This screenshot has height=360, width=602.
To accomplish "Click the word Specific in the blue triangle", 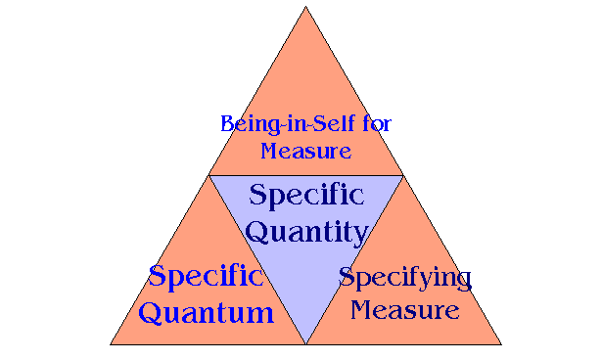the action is tap(305, 195).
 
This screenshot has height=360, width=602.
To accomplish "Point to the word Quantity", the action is tap(305, 233).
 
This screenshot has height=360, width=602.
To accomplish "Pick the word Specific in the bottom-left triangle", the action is tap(206, 276).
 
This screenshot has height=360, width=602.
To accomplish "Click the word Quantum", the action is tap(206, 313).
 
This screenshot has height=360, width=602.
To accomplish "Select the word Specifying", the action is tap(404, 278).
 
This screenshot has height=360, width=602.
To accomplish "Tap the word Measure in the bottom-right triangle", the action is tap(404, 311).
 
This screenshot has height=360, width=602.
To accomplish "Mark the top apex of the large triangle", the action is tap(305, 7).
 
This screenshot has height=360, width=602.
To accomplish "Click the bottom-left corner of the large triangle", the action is tap(111, 344).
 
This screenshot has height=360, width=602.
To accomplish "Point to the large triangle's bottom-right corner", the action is tap(501, 344).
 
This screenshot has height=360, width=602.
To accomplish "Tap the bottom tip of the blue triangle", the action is tap(305, 343).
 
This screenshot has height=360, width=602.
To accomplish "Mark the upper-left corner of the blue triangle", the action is tap(209, 176).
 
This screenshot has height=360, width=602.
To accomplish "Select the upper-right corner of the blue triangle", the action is tap(402, 176).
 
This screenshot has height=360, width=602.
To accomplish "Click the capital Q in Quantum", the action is tap(152, 313).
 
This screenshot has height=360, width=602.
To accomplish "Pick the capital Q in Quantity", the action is tap(257, 233).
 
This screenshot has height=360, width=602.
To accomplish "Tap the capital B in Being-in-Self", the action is tap(228, 125).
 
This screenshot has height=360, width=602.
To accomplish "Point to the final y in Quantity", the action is tap(359, 236).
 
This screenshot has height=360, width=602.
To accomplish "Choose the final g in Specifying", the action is tap(462, 282).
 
